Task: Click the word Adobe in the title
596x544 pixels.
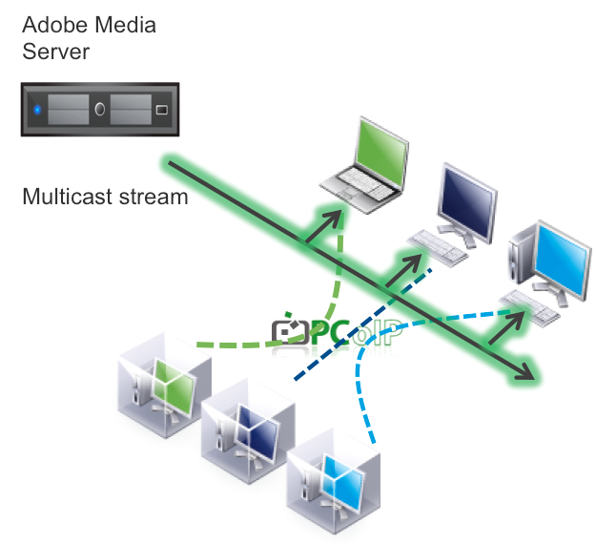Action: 55,25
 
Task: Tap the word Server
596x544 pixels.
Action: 56,52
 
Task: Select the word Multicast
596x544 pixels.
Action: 68,197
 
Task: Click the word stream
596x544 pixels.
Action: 154,198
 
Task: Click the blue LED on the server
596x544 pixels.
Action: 37,110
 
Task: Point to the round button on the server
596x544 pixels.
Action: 100,109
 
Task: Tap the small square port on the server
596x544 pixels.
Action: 162,110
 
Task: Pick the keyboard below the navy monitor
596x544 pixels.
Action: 437,247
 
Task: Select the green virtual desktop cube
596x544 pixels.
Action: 165,385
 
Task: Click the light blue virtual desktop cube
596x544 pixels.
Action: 334,480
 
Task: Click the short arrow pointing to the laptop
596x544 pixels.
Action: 323,227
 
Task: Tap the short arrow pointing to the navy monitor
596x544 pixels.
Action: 403,271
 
